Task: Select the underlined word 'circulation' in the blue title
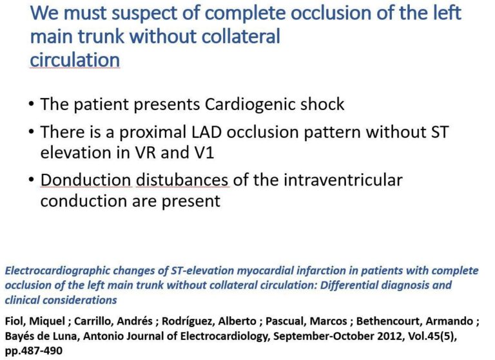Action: [x=75, y=60]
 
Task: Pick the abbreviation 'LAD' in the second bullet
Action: [x=207, y=132]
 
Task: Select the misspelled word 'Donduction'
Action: [x=86, y=180]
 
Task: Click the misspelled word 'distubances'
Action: [x=182, y=180]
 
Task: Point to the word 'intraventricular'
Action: [x=343, y=180]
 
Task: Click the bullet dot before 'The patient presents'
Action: [x=31, y=104]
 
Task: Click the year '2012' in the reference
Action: [x=389, y=336]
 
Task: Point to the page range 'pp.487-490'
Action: [x=34, y=351]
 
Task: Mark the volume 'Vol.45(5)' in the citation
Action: [x=432, y=336]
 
